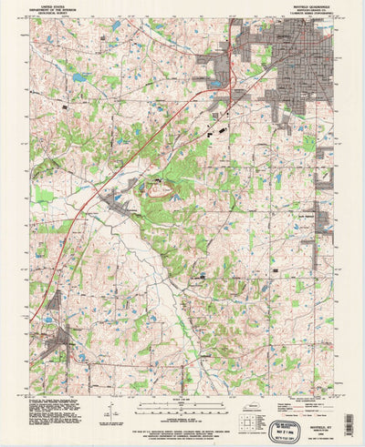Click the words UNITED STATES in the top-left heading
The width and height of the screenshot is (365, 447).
coord(47,5)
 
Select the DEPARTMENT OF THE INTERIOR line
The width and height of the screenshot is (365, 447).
coord(47,9)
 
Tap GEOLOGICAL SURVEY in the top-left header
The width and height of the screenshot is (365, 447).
coord(47,14)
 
